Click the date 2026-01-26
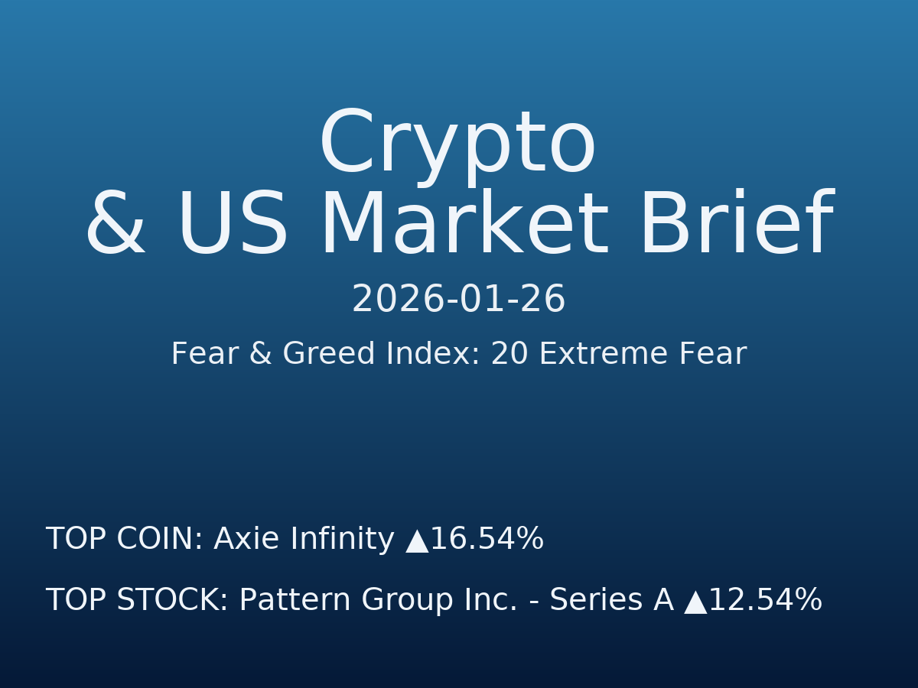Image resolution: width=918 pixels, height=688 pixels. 458,300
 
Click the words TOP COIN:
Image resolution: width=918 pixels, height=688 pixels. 124,540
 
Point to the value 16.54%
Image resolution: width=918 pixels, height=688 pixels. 487,540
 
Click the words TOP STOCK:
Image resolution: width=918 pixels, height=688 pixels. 137,601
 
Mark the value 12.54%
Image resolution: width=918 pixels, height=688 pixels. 766,601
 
